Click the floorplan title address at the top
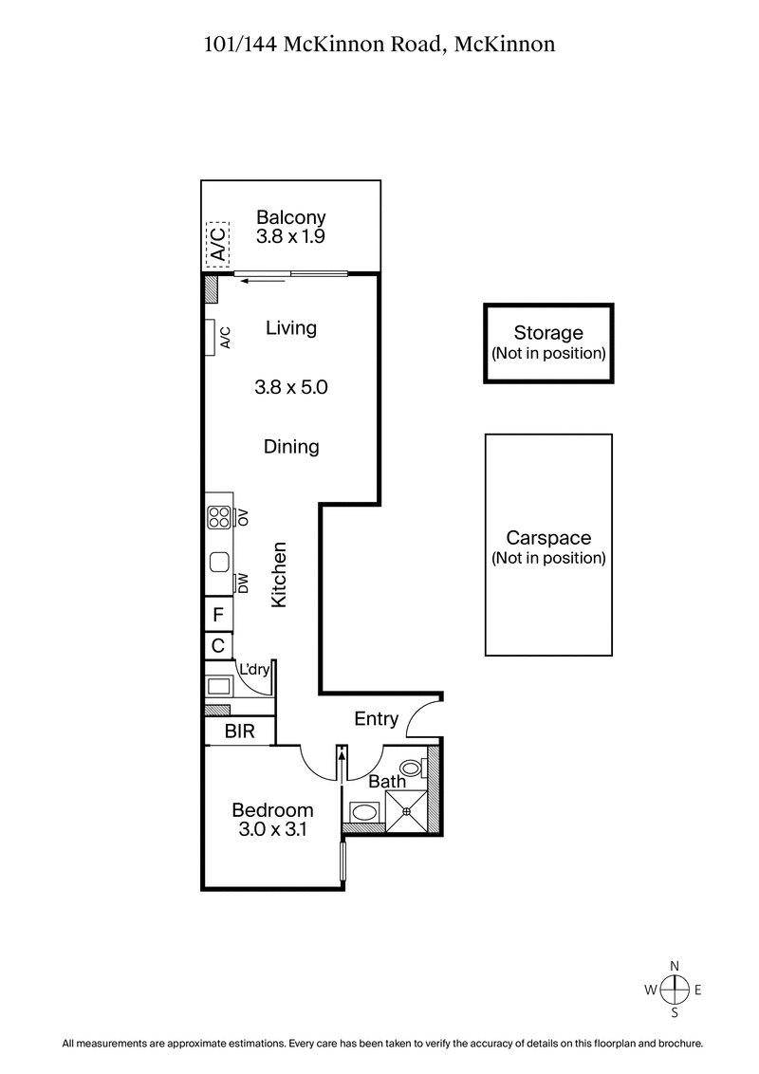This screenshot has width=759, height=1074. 379,43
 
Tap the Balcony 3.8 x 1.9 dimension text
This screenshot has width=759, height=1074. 290,237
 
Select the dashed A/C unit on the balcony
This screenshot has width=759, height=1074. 217,245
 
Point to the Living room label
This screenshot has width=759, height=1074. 290,328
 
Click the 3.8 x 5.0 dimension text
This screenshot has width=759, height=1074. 290,387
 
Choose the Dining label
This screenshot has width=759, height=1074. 290,446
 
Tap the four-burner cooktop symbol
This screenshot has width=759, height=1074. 219,517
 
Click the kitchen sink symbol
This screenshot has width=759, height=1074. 219,562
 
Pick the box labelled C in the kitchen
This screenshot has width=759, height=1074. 218,647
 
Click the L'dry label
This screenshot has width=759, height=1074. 255,670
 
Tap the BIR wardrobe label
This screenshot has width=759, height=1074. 238,731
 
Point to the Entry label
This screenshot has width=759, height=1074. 376,719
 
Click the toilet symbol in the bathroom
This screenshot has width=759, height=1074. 412,767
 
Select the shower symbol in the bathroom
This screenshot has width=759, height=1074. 408,811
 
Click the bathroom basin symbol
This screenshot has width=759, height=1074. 363,812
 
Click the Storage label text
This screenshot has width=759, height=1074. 547,333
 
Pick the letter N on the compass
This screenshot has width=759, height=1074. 675,966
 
